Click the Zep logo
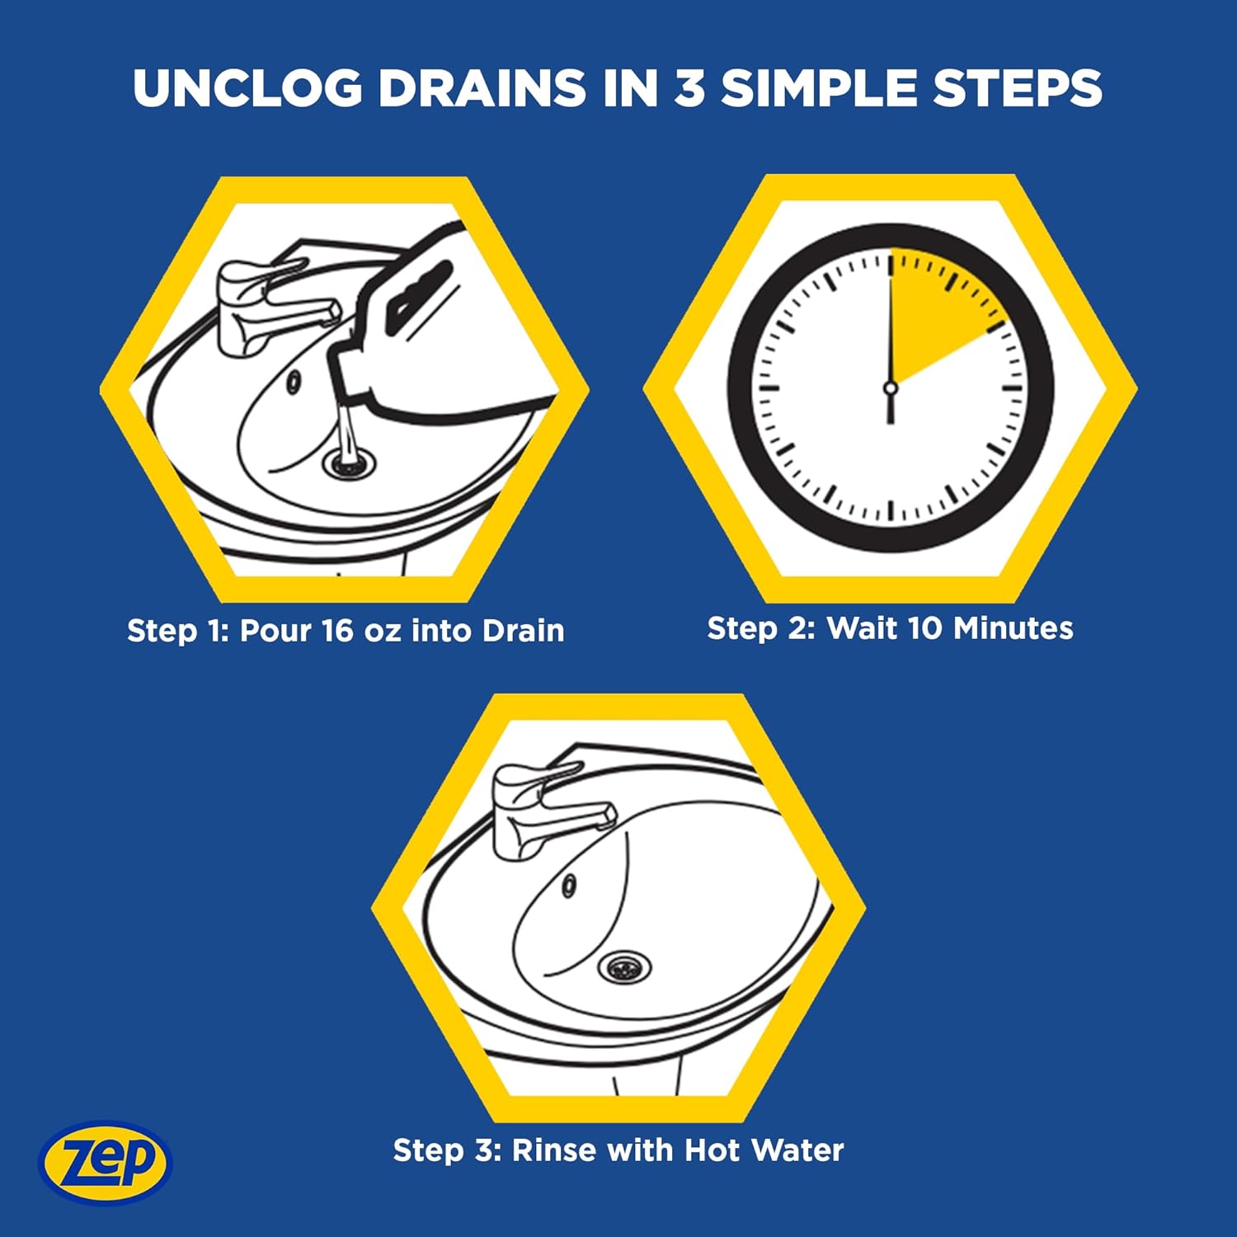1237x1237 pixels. click(105, 1162)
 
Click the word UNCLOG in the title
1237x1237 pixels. click(247, 87)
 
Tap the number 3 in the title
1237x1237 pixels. click(689, 87)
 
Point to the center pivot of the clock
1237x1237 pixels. click(890, 388)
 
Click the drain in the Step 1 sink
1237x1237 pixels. click(349, 463)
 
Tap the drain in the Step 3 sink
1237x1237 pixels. click(624, 967)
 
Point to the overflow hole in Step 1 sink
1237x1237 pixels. click(293, 382)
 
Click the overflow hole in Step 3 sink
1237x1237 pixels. click(568, 886)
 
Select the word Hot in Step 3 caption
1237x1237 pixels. click(712, 1150)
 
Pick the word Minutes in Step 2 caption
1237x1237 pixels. click(1014, 628)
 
